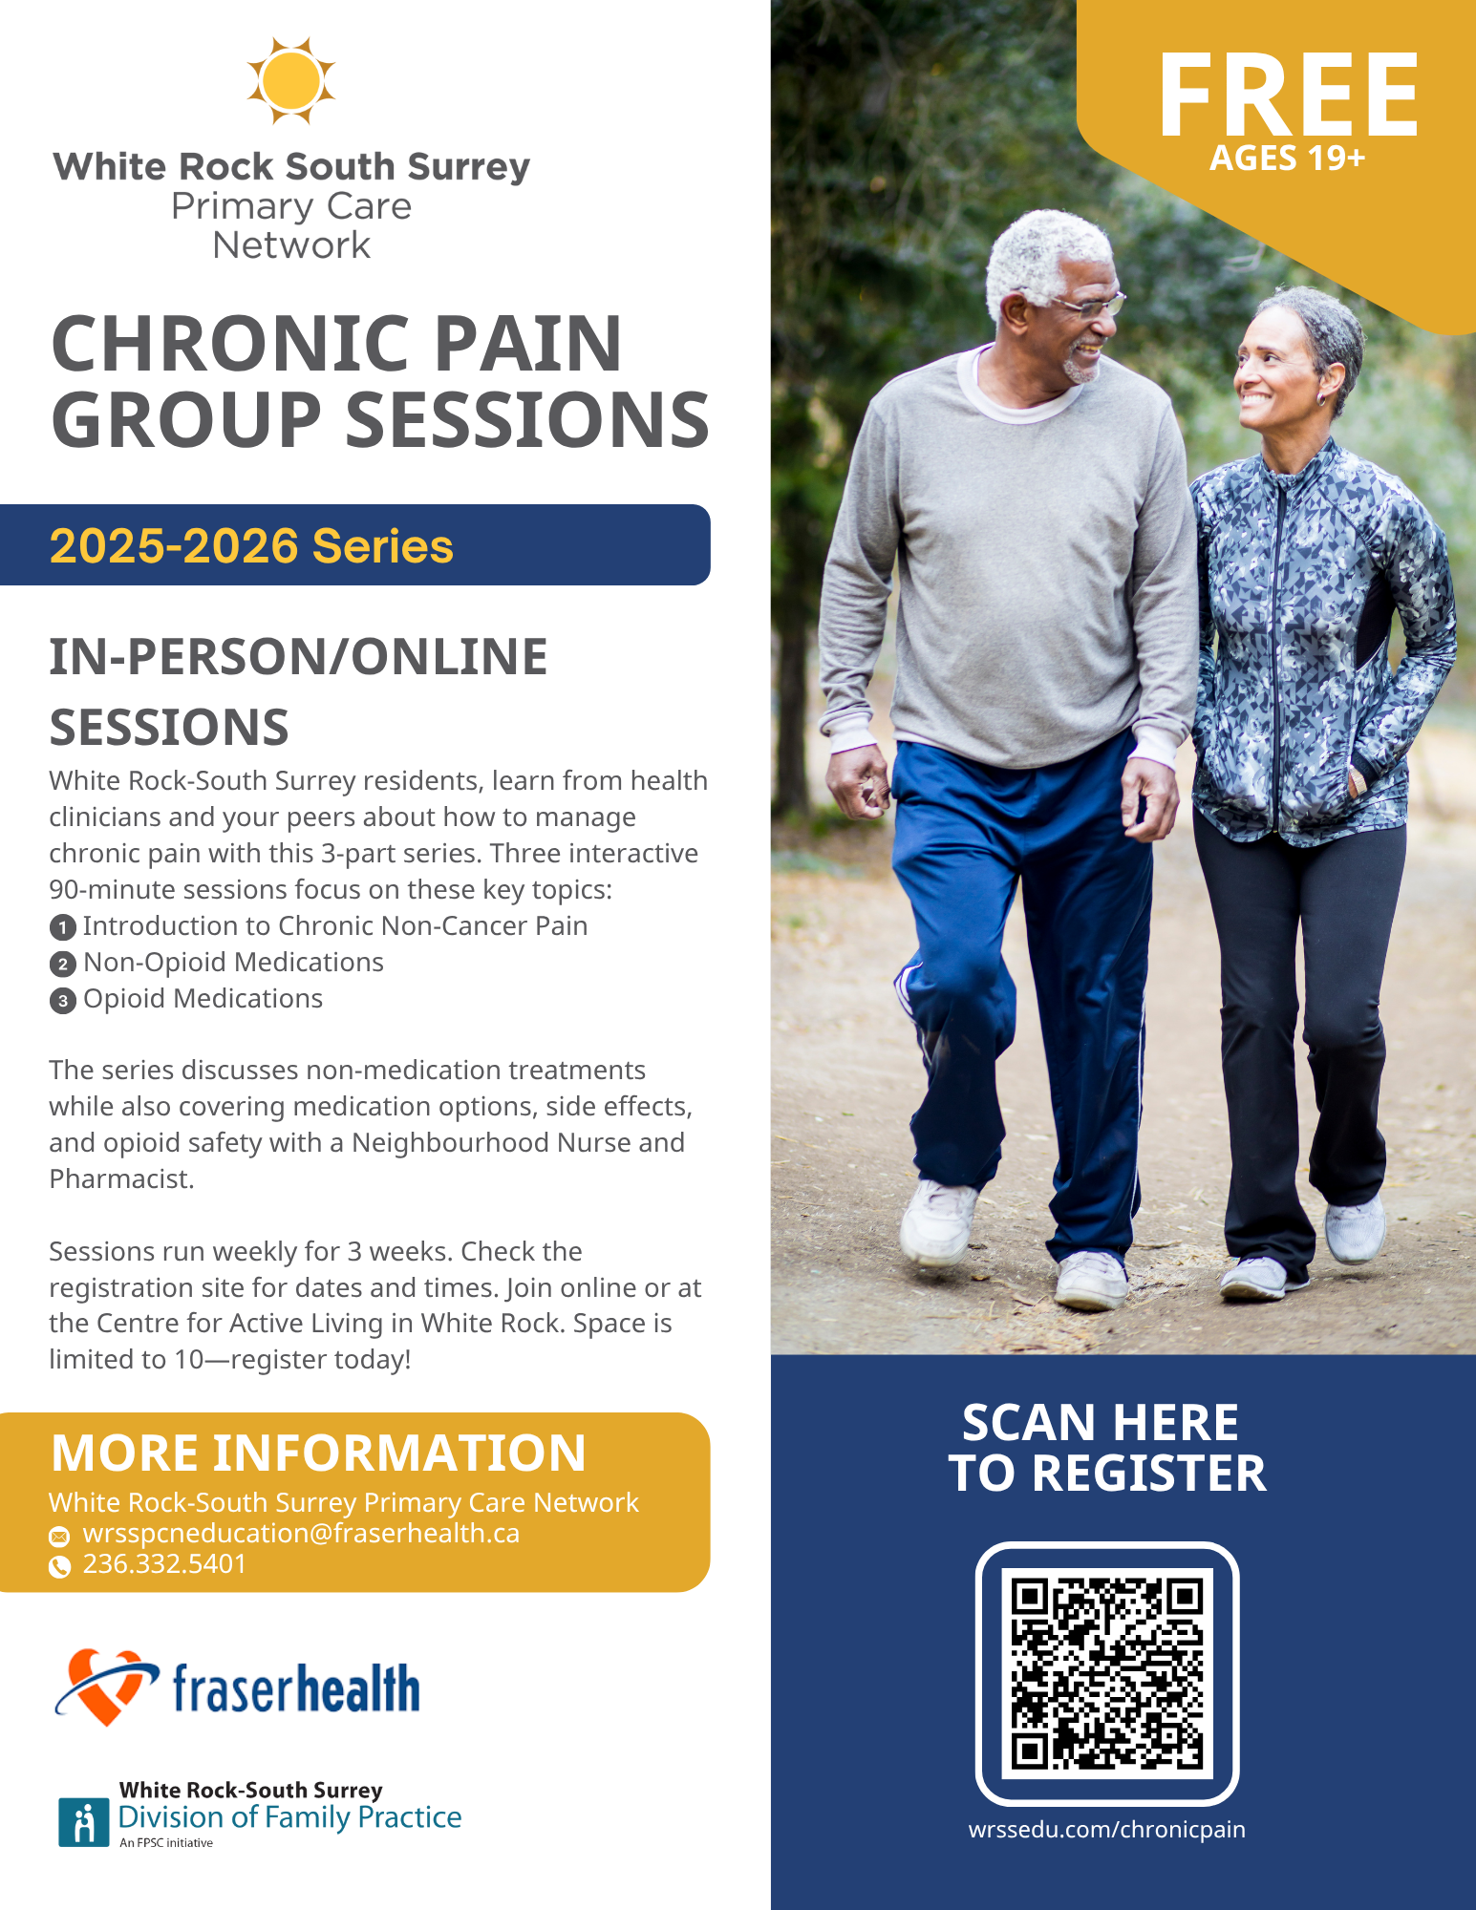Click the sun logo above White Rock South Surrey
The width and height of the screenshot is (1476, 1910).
pos(291,81)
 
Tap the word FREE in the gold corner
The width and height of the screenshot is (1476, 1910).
pos(1289,95)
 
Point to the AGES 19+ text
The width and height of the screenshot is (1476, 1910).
pos(1288,158)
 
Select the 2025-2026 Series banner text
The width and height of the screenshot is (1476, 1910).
pos(251,546)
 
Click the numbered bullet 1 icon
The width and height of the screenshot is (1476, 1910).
pos(62,927)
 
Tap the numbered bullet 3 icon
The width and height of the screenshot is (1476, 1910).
pos(62,1001)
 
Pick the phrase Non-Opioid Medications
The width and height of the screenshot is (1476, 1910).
pos(233,963)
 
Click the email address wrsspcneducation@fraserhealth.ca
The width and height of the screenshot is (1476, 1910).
pos(301,1534)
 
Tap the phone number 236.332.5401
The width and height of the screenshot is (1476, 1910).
pos(164,1564)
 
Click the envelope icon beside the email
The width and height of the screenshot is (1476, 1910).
pos(59,1537)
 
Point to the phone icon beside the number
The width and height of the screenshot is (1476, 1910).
pos(59,1566)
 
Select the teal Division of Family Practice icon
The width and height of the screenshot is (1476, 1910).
pos(84,1822)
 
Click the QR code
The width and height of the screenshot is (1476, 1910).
pos(1107,1673)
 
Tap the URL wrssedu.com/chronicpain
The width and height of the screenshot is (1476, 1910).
pos(1106,1830)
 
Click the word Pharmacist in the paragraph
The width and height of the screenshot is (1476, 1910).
pos(121,1179)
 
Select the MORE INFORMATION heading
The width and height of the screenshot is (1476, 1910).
pos(318,1454)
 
